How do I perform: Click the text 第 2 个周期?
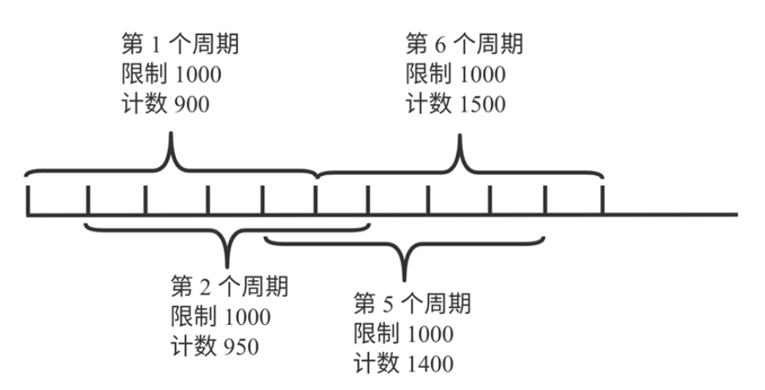[x=228, y=287]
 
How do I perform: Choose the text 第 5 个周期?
[x=411, y=303]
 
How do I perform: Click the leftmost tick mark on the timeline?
[x=29, y=200]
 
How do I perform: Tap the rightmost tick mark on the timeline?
[x=603, y=200]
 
